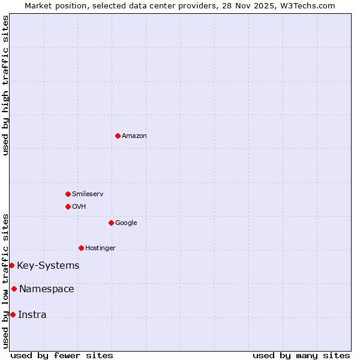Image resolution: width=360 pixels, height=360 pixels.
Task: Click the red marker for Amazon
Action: (118, 136)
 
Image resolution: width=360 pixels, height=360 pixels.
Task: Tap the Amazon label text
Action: (134, 136)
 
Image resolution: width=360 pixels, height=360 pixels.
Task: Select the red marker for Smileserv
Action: (68, 194)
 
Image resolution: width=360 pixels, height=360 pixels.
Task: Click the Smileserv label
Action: (88, 194)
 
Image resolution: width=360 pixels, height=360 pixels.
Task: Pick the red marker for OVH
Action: (68, 206)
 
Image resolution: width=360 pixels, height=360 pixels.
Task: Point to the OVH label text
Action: (79, 207)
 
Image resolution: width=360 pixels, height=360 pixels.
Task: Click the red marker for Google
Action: (111, 223)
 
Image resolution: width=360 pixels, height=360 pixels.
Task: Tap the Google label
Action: (126, 223)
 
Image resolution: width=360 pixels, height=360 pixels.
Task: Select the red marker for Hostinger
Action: (81, 248)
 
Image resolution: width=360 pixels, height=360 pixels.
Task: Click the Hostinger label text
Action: (100, 248)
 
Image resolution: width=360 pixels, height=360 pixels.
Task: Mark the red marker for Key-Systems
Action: (11, 265)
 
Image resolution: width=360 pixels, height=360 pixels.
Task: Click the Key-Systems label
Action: (48, 266)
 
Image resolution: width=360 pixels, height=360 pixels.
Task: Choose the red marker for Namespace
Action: (14, 289)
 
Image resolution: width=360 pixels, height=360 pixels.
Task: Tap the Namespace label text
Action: (47, 289)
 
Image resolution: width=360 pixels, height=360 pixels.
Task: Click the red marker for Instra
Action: (13, 314)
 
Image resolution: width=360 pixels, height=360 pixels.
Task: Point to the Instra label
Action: (32, 315)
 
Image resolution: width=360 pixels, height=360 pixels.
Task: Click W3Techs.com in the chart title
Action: (310, 6)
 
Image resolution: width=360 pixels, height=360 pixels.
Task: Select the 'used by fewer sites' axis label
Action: (62, 356)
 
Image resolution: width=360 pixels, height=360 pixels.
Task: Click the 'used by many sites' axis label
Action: (301, 356)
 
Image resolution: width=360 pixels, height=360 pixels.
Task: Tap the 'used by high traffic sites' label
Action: (6, 85)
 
